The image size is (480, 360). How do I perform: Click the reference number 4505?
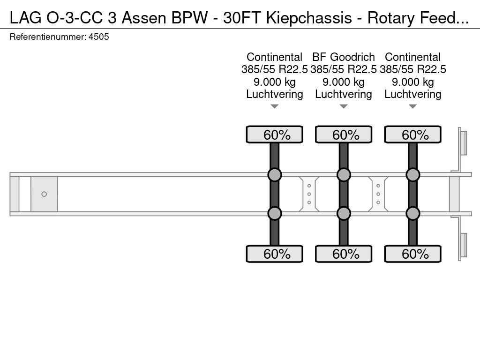coord(98,37)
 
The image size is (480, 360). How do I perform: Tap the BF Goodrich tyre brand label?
coord(344,57)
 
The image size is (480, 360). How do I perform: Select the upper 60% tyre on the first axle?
coord(274,135)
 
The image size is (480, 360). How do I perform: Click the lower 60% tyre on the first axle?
coord(274,254)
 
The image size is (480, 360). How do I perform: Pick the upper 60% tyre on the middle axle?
coord(344,135)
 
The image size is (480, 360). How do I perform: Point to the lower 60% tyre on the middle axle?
coord(344,254)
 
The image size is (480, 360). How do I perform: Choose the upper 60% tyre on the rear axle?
coord(412,135)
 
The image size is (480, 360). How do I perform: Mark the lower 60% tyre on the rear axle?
coord(412,254)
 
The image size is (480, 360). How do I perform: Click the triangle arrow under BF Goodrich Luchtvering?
coord(344,106)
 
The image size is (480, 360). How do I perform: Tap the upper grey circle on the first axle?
coord(274,175)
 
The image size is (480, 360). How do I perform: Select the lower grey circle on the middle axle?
coord(344,213)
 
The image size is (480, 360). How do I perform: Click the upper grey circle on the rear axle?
coord(412,175)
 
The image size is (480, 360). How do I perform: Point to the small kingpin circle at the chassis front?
coord(44,194)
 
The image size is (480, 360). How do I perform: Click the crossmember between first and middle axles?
coord(309,194)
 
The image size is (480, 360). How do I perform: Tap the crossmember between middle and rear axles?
coord(378,194)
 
